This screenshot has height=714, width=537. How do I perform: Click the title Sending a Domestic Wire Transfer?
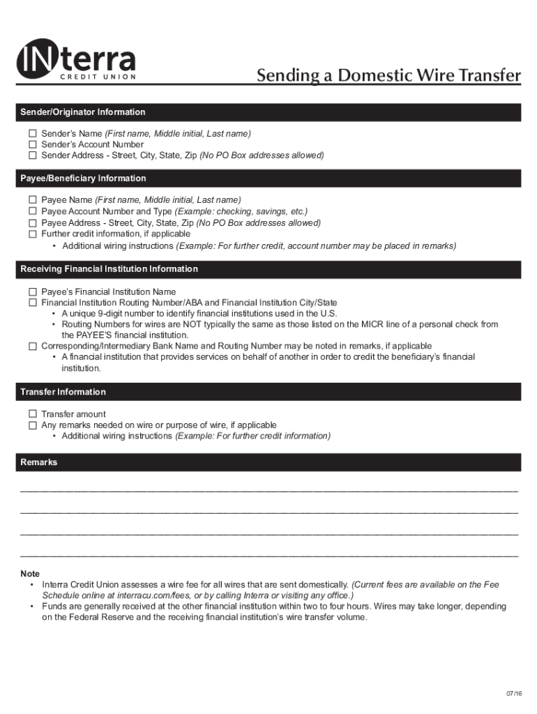coord(388,75)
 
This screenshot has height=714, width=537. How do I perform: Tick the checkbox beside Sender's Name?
coord(32,133)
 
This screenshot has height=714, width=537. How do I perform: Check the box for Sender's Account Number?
coord(32,144)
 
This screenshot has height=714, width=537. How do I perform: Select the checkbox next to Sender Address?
coord(32,155)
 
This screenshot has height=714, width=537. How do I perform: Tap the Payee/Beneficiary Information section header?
coord(84,178)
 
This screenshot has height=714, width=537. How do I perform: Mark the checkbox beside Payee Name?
coord(32,200)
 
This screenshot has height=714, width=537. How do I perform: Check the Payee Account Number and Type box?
coord(32,211)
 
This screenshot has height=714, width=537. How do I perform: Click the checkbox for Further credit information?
coord(32,234)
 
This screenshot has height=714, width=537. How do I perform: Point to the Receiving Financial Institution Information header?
coord(109,269)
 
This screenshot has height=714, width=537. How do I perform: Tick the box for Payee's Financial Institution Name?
coord(32,291)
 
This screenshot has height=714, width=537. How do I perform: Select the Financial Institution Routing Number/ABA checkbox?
coord(32,303)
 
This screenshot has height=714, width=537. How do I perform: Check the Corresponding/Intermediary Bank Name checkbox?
coord(32,346)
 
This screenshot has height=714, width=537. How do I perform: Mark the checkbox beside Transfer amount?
coord(32,414)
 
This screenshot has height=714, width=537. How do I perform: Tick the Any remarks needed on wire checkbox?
coord(32,425)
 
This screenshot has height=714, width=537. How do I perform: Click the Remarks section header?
coord(39,462)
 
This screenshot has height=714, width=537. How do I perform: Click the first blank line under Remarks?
coord(269,491)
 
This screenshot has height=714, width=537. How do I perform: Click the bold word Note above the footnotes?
coord(30,573)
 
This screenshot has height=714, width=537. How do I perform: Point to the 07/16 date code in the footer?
coord(513,693)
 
